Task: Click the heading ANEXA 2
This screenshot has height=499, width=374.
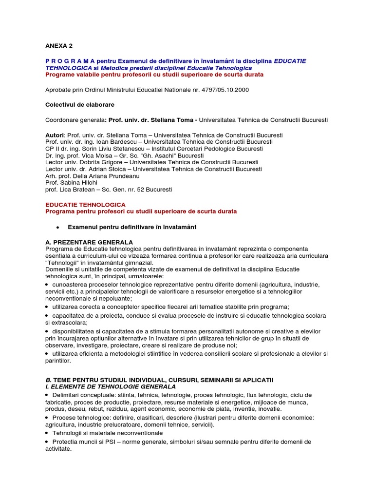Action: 58,45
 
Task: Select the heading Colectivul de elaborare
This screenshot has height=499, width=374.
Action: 80,104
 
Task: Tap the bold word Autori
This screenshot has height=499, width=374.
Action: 54,135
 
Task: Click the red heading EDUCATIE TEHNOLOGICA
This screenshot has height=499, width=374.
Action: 85,205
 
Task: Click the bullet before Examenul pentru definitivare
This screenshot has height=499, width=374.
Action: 57,227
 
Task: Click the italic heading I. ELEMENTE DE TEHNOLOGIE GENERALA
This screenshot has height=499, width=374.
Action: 111,386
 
